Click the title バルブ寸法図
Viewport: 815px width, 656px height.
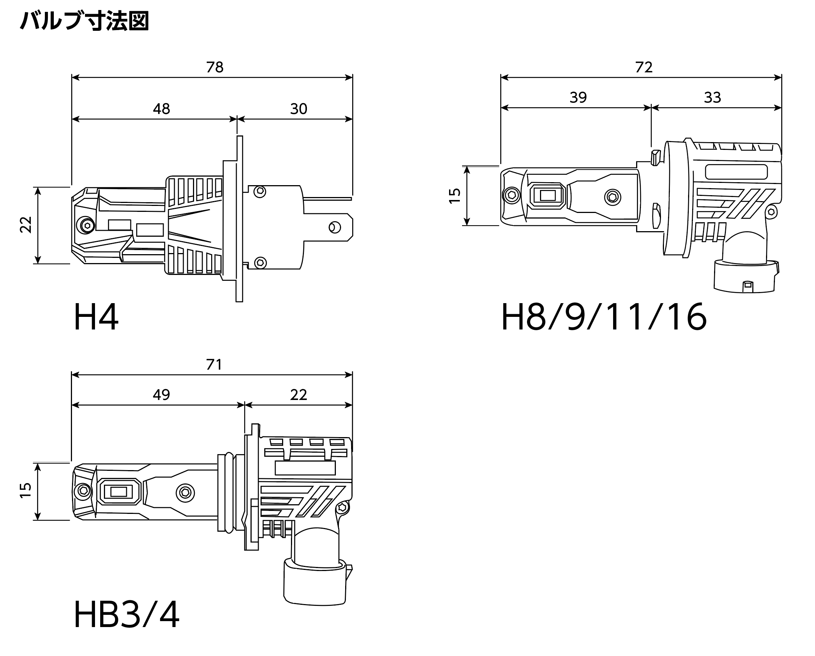click(85, 21)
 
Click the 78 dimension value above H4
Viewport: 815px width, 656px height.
click(215, 67)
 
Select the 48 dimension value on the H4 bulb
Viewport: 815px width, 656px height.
click(161, 109)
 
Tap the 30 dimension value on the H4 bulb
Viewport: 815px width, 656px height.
click(299, 109)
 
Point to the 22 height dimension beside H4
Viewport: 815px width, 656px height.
click(26, 225)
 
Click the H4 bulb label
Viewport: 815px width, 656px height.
click(96, 317)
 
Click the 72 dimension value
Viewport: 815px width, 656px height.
click(644, 67)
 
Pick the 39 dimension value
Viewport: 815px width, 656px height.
click(578, 98)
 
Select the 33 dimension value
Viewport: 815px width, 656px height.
click(713, 98)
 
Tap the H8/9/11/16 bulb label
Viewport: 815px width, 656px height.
click(604, 317)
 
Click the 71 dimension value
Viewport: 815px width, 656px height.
click(214, 365)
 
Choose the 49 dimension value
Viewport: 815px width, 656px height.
click(161, 395)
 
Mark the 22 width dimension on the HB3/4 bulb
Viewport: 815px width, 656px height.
click(299, 395)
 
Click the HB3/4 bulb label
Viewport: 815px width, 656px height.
click(127, 615)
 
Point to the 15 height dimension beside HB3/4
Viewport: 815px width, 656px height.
click(26, 491)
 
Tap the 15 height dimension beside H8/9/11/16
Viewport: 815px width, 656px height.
click(455, 196)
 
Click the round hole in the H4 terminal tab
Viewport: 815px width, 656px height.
click(334, 227)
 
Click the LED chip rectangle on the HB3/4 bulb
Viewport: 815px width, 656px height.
click(119, 492)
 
